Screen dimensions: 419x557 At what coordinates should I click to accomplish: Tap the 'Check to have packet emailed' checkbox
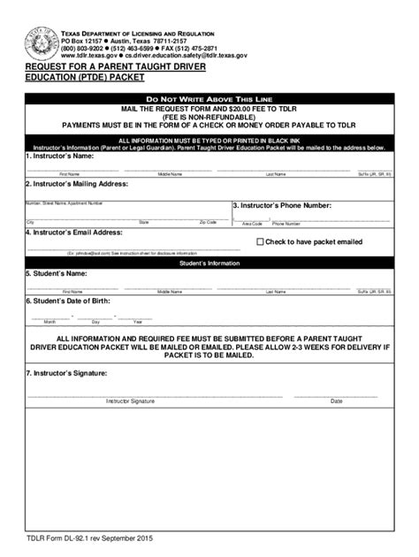coord(260,241)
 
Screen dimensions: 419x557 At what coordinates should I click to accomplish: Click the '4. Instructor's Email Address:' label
coord(73,233)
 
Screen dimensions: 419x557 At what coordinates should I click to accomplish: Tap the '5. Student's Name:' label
coord(57,274)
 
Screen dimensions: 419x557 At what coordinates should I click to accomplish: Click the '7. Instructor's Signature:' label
coord(66,374)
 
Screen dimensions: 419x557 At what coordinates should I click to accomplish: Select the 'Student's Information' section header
coord(209,263)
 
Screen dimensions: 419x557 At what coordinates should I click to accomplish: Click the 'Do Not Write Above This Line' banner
coord(209,98)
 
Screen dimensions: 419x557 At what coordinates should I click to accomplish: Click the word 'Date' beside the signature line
coord(336,401)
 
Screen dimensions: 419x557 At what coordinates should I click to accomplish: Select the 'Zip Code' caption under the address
coord(208,223)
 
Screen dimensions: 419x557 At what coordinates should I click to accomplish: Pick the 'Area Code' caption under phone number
coord(252,224)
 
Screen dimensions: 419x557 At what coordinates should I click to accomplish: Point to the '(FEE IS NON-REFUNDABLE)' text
coord(209,117)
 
